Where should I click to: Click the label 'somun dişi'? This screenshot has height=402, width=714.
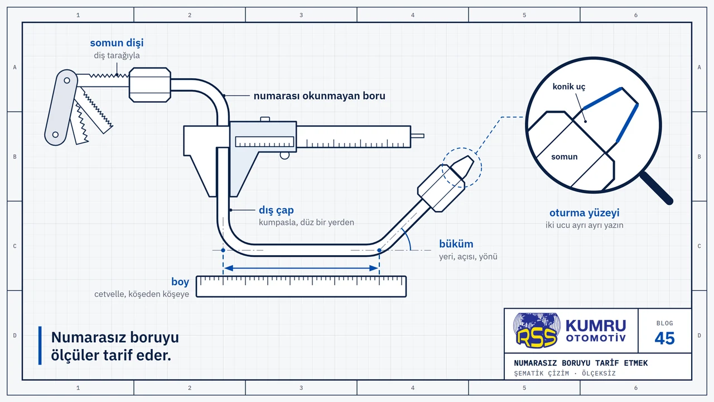[117, 43]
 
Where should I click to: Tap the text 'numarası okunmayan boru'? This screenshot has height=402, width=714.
[320, 95]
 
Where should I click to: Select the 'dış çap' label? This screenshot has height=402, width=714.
[276, 210]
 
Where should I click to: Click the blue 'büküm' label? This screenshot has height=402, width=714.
[456, 244]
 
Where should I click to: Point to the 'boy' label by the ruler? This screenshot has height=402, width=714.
[180, 282]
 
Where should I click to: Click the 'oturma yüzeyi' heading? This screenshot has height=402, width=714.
[584, 213]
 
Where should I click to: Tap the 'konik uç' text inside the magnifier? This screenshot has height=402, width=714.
[569, 87]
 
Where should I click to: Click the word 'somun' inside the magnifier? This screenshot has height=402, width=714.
[564, 157]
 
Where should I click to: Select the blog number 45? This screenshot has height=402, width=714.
[664, 338]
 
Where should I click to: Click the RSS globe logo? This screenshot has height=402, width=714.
[537, 330]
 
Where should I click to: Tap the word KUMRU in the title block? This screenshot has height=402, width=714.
[596, 326]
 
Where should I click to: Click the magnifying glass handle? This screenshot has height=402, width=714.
[657, 188]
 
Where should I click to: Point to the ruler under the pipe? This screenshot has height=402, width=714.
[301, 286]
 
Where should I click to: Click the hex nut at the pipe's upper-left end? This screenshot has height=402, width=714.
[150, 85]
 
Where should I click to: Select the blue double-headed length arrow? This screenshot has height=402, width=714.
[301, 269]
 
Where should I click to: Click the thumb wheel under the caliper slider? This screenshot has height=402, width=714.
[284, 155]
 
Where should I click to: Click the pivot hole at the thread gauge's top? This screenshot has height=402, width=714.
[67, 80]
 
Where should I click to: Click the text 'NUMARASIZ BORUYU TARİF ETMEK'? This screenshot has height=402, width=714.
[581, 363]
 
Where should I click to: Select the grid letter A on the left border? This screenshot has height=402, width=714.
[15, 68]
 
